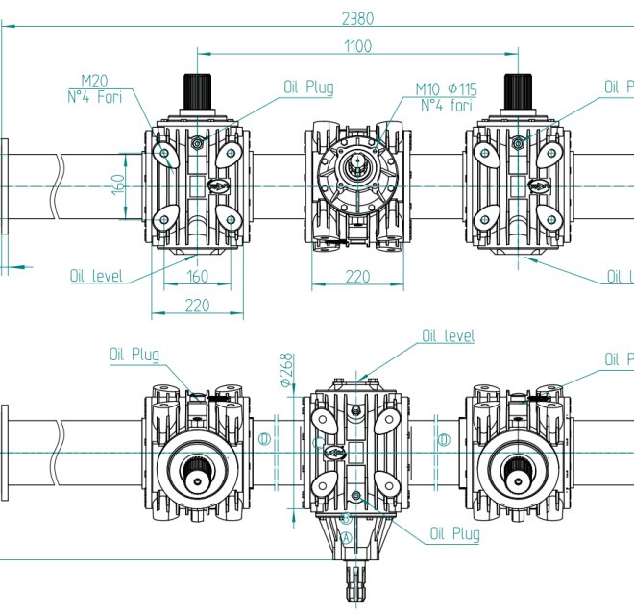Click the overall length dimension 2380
tap(354, 17)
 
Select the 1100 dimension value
tap(354, 46)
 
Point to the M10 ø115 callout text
tap(446, 89)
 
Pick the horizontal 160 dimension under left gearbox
tap(196, 278)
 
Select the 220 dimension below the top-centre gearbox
tap(356, 278)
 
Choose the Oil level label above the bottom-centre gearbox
tap(448, 336)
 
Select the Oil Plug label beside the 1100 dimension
tap(308, 87)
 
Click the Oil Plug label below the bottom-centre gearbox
tap(454, 533)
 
